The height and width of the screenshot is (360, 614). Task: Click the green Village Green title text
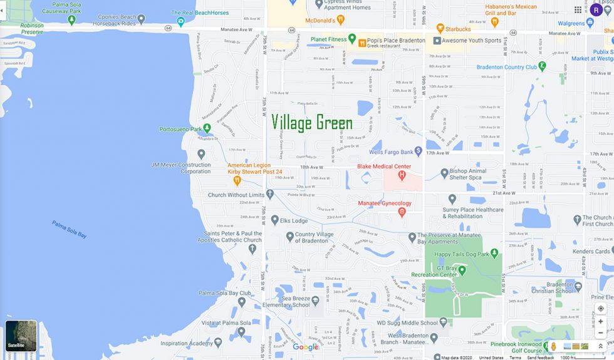tap(312, 122)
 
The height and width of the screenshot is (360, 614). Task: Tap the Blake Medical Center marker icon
tap(402, 175)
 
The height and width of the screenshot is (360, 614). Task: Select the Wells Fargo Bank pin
tap(419, 152)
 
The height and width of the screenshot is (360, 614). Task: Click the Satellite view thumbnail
tap(21, 336)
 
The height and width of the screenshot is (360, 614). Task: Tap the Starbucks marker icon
tap(440, 29)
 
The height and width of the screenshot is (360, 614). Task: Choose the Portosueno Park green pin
tap(207, 129)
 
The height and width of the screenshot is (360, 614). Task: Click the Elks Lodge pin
tap(274, 220)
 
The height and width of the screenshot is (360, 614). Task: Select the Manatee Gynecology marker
tap(402, 212)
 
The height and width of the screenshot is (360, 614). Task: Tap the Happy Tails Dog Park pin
tap(494, 254)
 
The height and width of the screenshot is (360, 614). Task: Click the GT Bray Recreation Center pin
tap(462, 270)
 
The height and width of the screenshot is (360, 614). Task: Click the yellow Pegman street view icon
tap(554, 346)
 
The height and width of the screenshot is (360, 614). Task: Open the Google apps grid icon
tap(578, 9)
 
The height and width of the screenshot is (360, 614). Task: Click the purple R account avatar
tap(596, 9)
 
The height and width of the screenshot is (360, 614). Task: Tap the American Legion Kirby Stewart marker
tap(237, 181)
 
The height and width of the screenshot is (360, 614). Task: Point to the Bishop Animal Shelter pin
tap(444, 173)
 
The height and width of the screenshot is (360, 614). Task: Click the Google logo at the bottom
tap(306, 347)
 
